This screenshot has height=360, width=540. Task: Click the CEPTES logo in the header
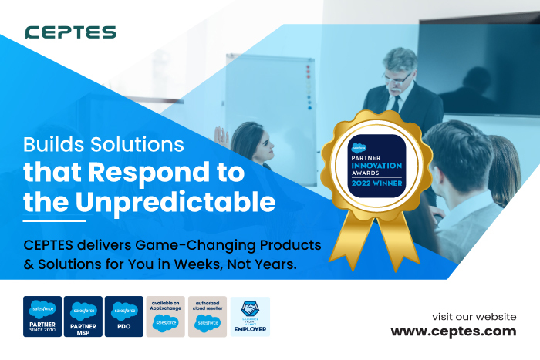(x=70, y=32)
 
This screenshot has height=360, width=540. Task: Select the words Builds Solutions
(x=104, y=144)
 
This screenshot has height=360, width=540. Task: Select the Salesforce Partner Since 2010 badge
(x=42, y=317)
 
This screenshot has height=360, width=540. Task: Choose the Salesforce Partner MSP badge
(x=83, y=317)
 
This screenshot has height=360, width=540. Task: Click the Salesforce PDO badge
(x=124, y=317)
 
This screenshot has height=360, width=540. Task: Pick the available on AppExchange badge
(x=166, y=317)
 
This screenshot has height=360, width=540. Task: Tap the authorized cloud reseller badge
(x=208, y=317)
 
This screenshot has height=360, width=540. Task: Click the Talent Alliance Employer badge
(x=250, y=317)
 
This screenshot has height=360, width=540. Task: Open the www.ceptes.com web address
(x=453, y=331)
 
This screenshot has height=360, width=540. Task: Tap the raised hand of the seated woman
(x=222, y=137)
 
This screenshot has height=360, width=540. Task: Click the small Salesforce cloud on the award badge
(x=359, y=147)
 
